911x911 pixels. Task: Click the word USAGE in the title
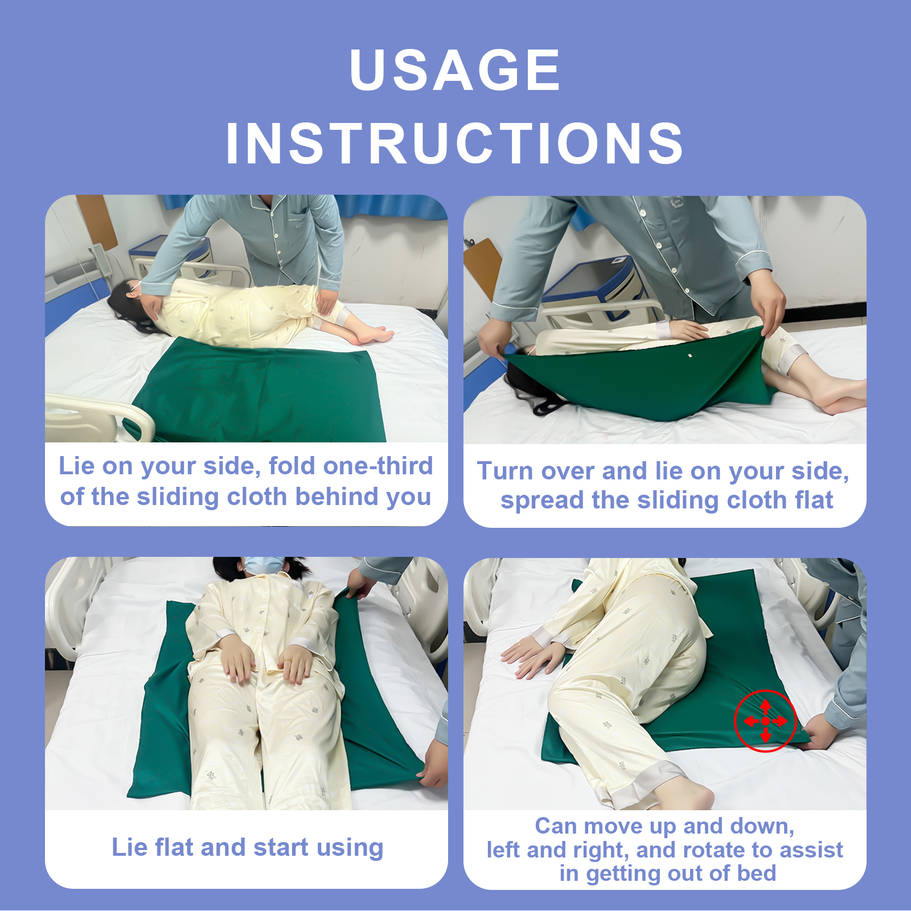pyautogui.click(x=455, y=70)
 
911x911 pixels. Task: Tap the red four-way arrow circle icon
pyautogui.click(x=765, y=721)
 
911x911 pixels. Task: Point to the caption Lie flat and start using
pyautogui.click(x=247, y=847)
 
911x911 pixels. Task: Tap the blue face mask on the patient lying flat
pyautogui.click(x=264, y=564)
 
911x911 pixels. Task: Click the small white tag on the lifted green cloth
pyautogui.click(x=689, y=356)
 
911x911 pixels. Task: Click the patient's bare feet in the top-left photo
pyautogui.click(x=374, y=335)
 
